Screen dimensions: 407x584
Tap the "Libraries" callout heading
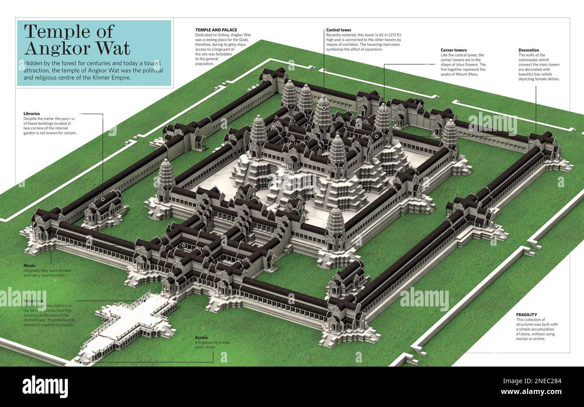click(31, 114)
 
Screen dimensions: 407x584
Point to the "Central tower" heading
click(339, 30)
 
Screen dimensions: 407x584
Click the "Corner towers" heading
click(454, 50)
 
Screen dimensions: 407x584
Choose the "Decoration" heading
click(529, 50)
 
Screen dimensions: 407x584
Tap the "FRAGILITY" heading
click(526, 314)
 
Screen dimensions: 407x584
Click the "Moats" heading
click(29, 266)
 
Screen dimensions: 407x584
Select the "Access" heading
click(201, 337)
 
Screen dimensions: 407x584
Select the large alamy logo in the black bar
click(45, 386)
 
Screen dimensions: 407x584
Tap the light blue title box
click(94, 53)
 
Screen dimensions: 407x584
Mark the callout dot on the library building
click(103, 199)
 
